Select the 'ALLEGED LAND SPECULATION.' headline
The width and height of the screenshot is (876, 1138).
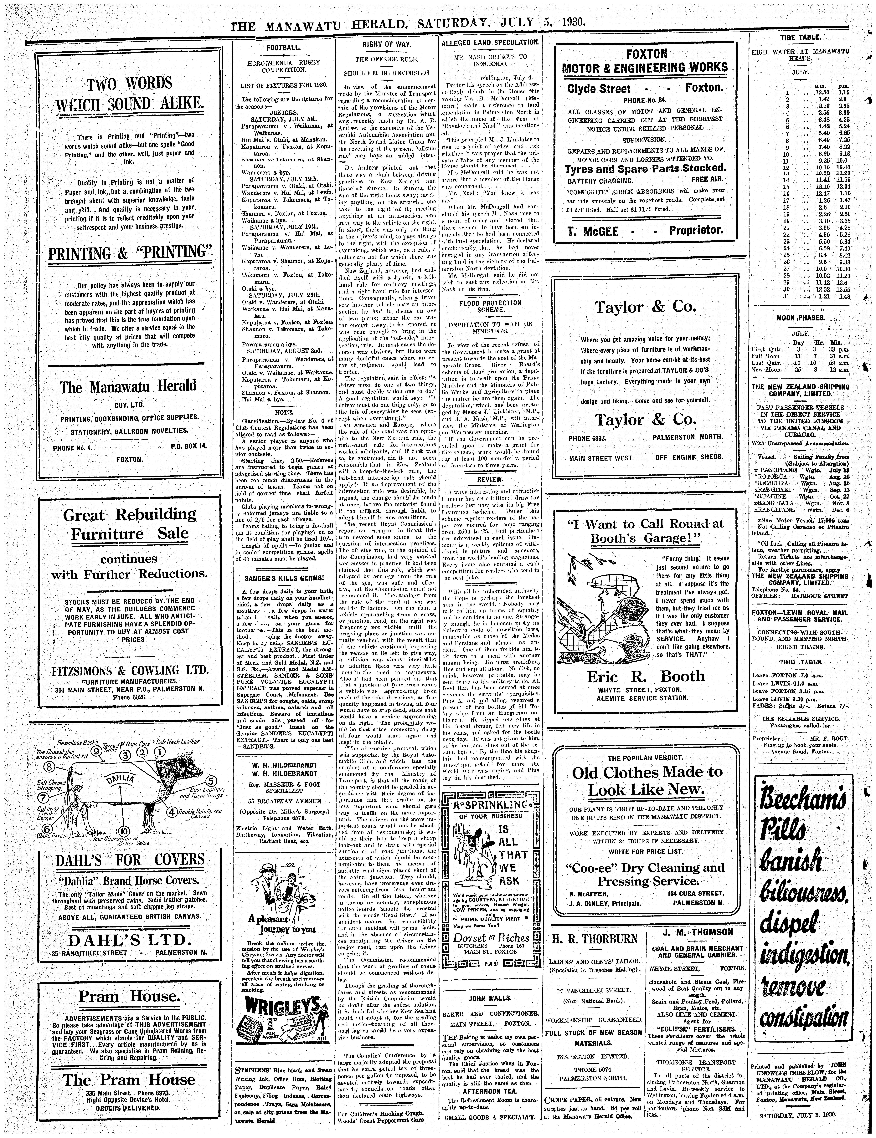click(490, 42)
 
